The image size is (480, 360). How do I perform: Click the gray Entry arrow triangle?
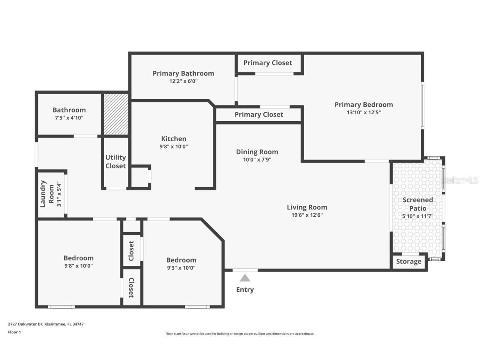coord(245,278)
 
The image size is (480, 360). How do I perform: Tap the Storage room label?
coord(408,262)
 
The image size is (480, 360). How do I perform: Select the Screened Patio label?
coord(417,204)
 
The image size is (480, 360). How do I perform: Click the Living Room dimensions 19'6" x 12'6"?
coord(307,215)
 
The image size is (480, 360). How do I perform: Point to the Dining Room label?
coord(257,152)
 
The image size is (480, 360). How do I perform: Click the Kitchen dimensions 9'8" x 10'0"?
coord(174,146)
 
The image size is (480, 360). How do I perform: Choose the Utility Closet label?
coord(115,162)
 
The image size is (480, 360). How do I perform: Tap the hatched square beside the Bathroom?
coord(116,114)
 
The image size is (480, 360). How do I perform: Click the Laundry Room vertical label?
coord(46,194)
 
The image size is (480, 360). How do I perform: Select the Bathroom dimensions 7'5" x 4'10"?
coord(69,118)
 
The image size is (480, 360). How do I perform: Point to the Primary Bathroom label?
coord(183,73)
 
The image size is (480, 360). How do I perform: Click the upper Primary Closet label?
coord(267,63)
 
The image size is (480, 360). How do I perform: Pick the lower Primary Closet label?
coord(259,115)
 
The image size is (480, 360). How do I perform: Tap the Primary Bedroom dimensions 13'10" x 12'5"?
coord(364,112)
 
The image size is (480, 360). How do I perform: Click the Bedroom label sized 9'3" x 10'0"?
coord(181,260)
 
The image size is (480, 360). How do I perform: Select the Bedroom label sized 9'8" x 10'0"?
coord(78,258)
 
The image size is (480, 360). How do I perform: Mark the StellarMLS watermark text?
coord(460,180)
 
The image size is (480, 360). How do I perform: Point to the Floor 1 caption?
coord(14,332)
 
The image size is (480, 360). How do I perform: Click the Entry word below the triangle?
coord(245,290)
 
